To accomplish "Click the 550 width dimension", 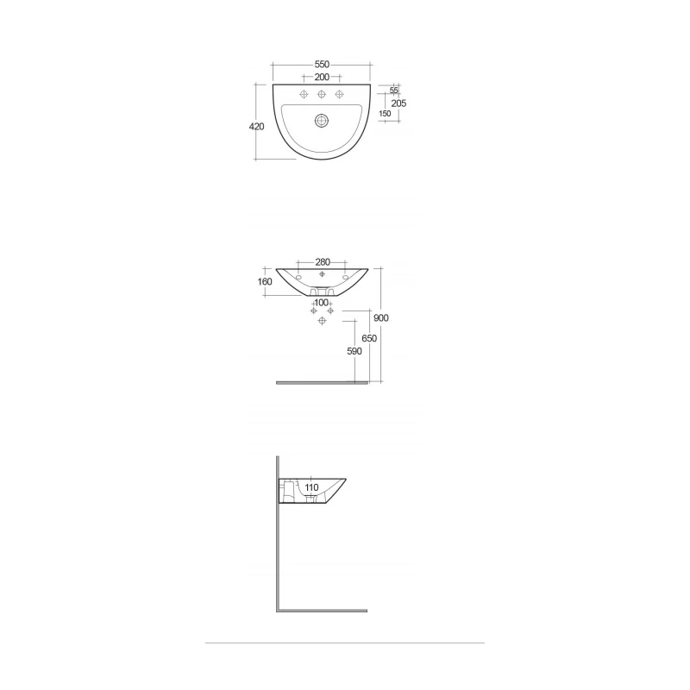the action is [x=322, y=64].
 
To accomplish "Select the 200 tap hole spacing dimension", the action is [x=322, y=77].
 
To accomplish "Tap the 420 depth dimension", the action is [x=256, y=127].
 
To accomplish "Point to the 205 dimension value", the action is [x=398, y=103].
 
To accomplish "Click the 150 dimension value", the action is [x=385, y=114].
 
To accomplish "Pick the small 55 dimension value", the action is [x=394, y=91].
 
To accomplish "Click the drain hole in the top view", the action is [x=322, y=121].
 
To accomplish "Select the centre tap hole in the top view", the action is [x=322, y=94].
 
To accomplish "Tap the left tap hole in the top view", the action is [x=304, y=94].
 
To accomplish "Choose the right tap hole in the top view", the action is [x=339, y=94].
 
